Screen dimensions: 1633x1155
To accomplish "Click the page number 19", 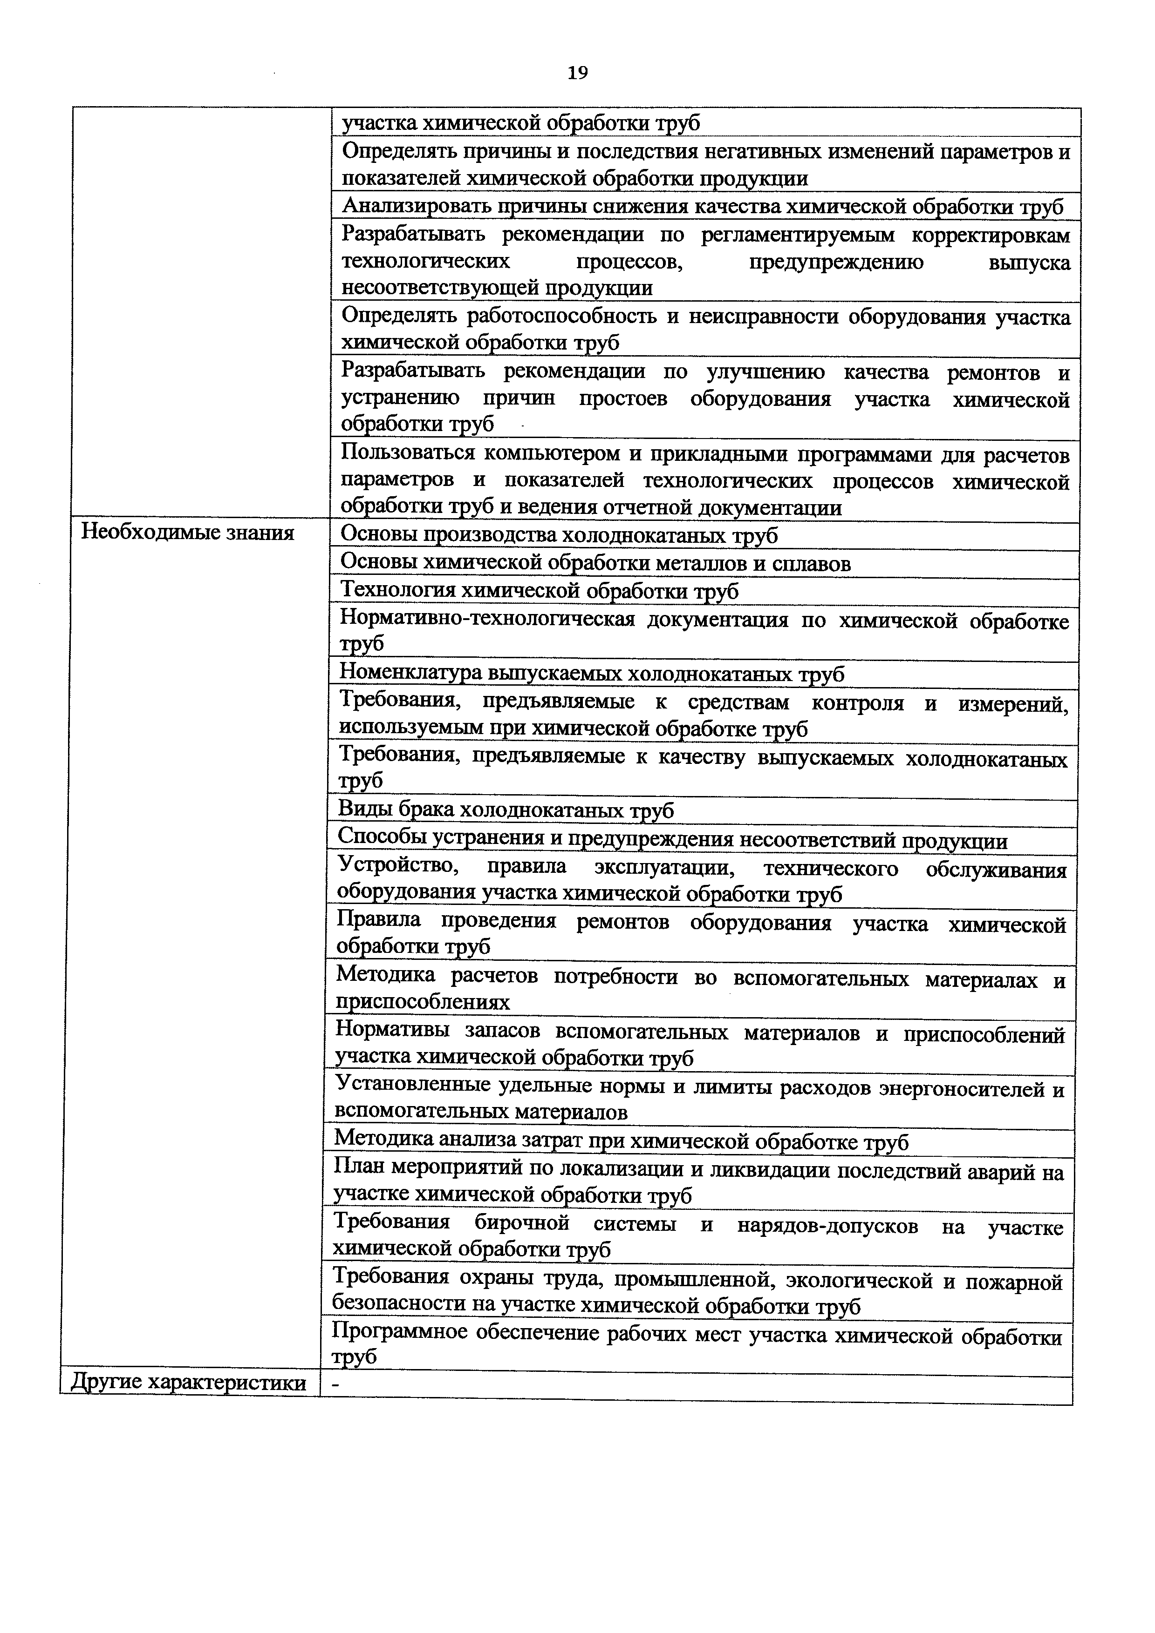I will pyautogui.click(x=578, y=73).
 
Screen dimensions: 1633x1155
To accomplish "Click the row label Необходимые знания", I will pyautogui.click(x=187, y=532).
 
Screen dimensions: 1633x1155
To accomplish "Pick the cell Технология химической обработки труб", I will pyautogui.click(x=540, y=591).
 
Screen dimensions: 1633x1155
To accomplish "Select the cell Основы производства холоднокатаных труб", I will pyautogui.click(x=560, y=535).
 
